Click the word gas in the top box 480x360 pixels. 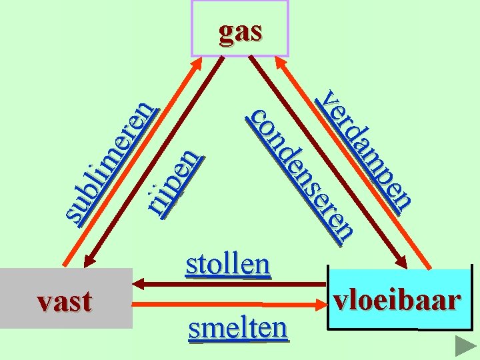pos(240,31)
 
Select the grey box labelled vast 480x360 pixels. pos(65,299)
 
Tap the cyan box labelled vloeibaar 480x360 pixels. pos(398,300)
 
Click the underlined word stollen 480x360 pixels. pos(228,263)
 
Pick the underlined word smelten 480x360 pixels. pos(238,327)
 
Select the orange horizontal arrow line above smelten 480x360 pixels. pos(227,306)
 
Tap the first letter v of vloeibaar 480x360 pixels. pos(341,301)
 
